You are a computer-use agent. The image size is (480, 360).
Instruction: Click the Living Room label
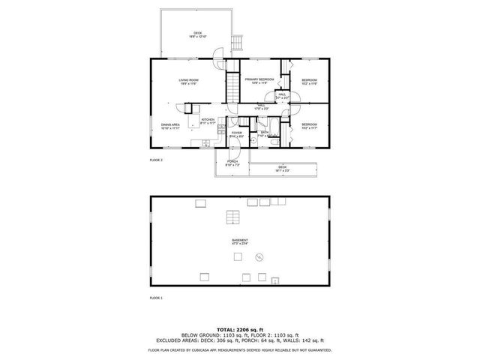pos(188,81)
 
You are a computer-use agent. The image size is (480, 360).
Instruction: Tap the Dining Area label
pos(169,126)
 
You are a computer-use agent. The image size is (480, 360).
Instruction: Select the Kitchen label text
pos(208,121)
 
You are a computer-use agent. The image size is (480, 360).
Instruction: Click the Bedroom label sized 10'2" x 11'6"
pos(310,82)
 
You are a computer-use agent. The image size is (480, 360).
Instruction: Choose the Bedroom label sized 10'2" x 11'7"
pos(310,126)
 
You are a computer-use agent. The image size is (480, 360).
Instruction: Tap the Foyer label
pos(236,134)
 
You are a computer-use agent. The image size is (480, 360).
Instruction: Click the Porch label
pos(232,163)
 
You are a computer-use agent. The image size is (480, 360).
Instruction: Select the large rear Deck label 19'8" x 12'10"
pos(198,34)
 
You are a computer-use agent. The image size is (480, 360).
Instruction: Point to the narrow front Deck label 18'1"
pos(282,168)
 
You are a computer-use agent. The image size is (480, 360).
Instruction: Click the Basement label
pos(240,241)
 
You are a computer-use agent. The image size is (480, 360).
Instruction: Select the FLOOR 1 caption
pos(156,298)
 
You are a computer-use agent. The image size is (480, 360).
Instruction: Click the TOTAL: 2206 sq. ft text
pos(240,329)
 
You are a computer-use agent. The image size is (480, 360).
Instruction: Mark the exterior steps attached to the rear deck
pos(239,43)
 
